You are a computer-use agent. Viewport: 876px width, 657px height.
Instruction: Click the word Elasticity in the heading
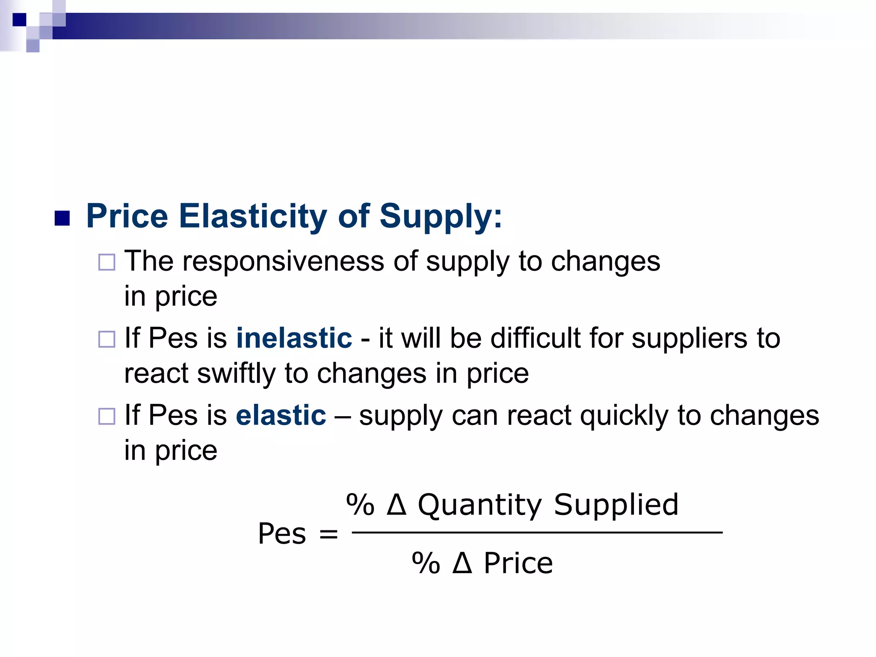253,216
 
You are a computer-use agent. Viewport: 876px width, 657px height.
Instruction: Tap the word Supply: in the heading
441,216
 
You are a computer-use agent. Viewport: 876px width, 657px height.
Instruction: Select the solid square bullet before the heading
62,218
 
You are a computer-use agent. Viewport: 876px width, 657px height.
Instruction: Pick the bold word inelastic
294,338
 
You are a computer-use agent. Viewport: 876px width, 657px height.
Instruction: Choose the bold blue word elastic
281,415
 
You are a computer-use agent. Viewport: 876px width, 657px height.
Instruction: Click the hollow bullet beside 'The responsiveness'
107,262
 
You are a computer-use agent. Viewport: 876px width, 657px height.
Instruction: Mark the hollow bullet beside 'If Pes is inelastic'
107,339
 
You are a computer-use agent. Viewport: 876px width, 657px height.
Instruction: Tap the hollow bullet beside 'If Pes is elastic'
107,416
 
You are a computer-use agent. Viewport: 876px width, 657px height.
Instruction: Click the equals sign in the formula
328,534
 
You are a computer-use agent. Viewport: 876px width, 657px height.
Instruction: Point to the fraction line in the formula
537,533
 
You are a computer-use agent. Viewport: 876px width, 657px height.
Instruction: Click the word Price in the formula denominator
518,563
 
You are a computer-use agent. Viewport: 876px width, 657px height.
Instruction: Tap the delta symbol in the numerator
396,504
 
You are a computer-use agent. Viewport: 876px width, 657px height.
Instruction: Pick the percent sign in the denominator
426,563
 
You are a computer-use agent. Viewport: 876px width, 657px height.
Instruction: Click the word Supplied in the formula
616,505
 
